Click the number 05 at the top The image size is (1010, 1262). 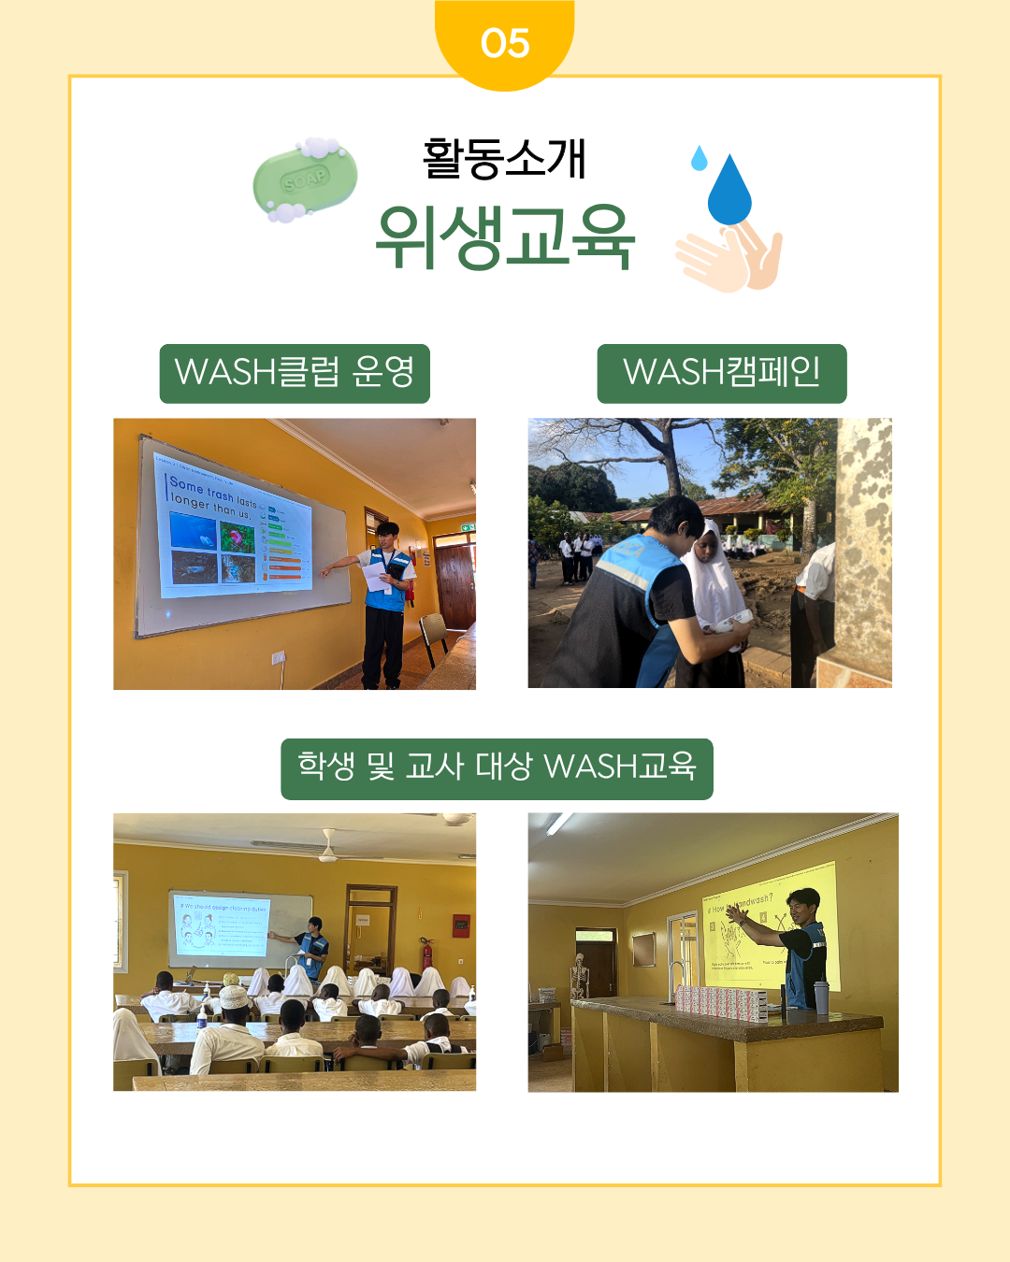[x=505, y=43]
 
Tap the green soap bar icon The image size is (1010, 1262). [x=305, y=179]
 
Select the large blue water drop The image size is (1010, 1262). [x=729, y=191]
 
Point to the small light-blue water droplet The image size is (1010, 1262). [x=699, y=158]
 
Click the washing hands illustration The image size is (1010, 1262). [x=730, y=257]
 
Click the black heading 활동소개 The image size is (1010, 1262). [x=504, y=158]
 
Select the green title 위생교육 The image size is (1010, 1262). [x=505, y=237]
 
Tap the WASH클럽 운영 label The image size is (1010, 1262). [x=295, y=373]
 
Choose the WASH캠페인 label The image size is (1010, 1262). [x=722, y=373]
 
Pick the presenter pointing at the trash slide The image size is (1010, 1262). [x=385, y=603]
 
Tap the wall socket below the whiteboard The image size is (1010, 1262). [x=278, y=657]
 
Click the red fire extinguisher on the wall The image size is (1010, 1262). [x=426, y=954]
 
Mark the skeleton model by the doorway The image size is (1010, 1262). [x=579, y=976]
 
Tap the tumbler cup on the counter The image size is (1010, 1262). [x=821, y=997]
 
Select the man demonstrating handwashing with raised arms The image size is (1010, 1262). [x=795, y=944]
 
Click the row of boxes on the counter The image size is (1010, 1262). [x=721, y=1002]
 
